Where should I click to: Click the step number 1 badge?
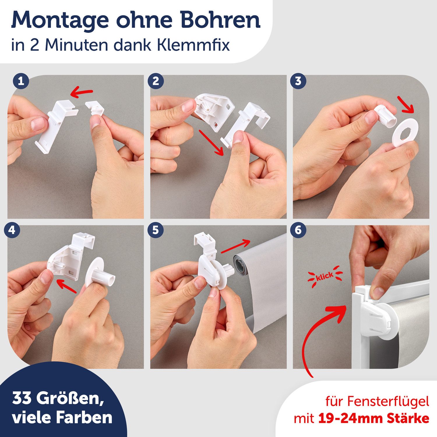pyautogui.click(x=21, y=81)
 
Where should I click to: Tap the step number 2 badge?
pyautogui.click(x=156, y=81)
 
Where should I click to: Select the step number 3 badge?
pyautogui.click(x=298, y=81)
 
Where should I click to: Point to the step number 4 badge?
pyautogui.click(x=12, y=230)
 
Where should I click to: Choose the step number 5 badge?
pyautogui.click(x=156, y=230)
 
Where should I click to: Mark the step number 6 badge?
pyautogui.click(x=298, y=230)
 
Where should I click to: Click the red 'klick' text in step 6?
pyautogui.click(x=325, y=276)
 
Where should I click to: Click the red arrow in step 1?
pyautogui.click(x=82, y=93)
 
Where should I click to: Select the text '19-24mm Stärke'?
pyautogui.click(x=373, y=418)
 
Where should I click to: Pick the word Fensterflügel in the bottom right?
pyautogui.click(x=388, y=401)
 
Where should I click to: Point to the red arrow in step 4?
pyautogui.click(x=66, y=285)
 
